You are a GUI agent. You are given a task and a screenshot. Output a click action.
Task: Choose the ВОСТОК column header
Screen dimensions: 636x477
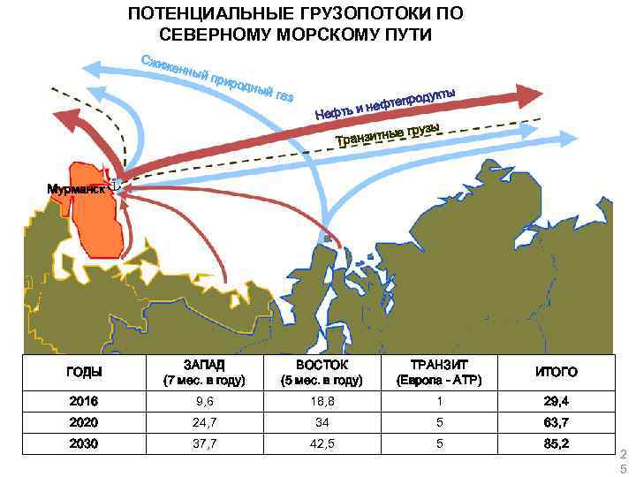(x=321, y=364)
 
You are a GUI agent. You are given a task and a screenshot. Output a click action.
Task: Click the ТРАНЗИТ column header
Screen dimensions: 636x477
(x=439, y=364)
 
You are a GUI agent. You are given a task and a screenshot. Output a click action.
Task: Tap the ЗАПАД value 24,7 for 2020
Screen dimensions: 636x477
(x=204, y=421)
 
